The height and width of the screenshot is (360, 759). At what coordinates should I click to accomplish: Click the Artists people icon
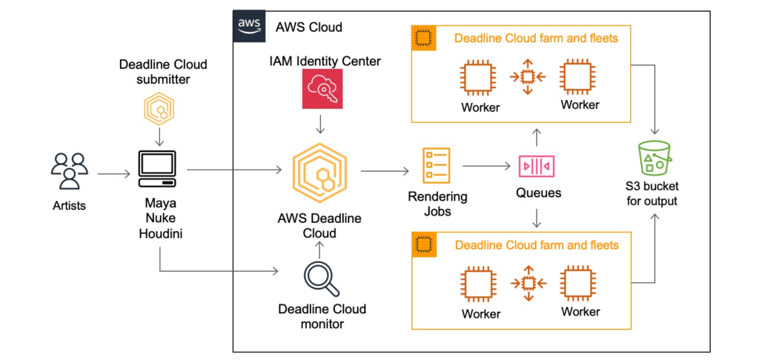69,171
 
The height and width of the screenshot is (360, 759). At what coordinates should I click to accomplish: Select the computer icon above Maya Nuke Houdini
157,170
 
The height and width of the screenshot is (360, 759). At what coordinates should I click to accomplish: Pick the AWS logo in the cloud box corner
250,24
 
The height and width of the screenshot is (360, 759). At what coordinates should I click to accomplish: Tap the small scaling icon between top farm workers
528,77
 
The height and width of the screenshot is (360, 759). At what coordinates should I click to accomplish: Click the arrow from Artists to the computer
113,175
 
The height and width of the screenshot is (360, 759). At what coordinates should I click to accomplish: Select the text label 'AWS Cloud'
308,27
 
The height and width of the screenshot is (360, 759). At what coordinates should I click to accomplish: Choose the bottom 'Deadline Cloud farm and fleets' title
536,244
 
